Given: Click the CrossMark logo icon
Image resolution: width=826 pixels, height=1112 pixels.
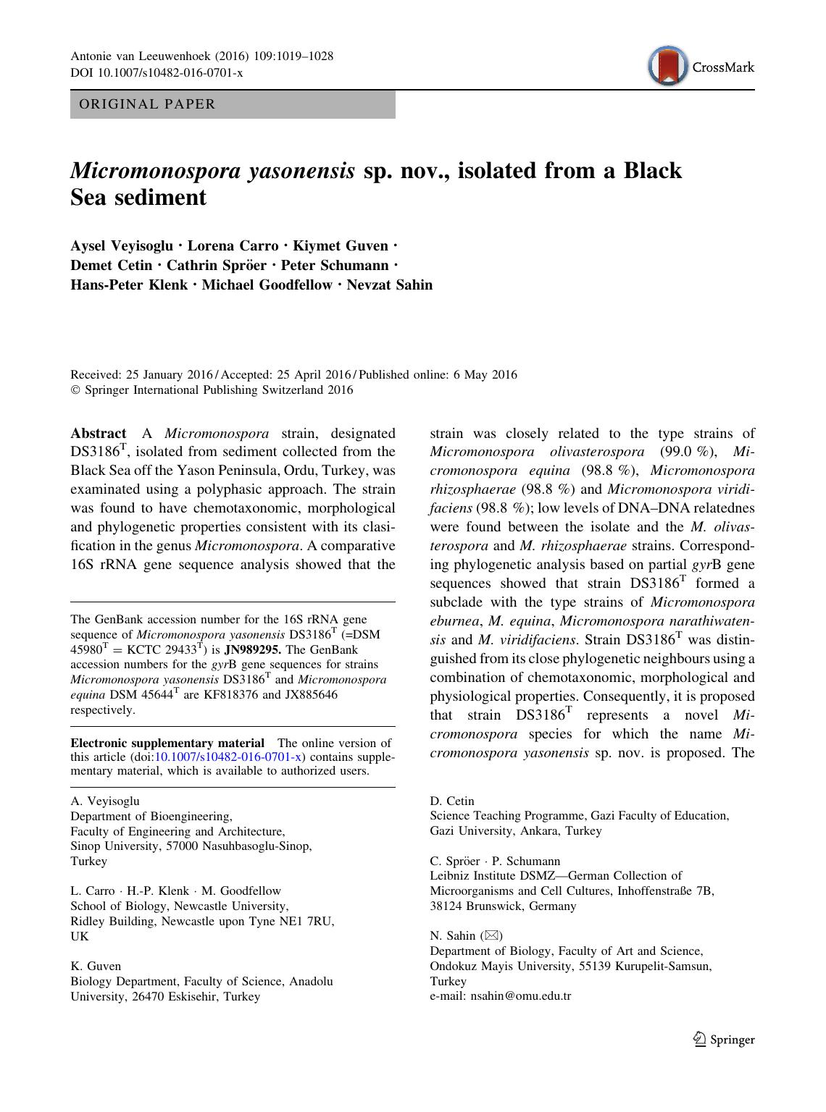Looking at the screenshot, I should point(667,67).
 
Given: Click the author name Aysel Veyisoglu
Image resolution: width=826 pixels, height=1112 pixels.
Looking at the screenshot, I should point(122,246).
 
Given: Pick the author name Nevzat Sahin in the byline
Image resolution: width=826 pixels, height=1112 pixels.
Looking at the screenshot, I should point(389,285).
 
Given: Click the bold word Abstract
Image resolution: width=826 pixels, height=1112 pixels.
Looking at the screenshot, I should point(99,434).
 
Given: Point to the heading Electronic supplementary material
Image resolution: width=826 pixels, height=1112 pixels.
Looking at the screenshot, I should point(167,743).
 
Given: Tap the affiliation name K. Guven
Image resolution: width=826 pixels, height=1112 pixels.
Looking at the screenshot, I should point(96,966).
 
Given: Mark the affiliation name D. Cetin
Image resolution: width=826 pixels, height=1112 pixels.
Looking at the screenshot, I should point(452,801).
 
